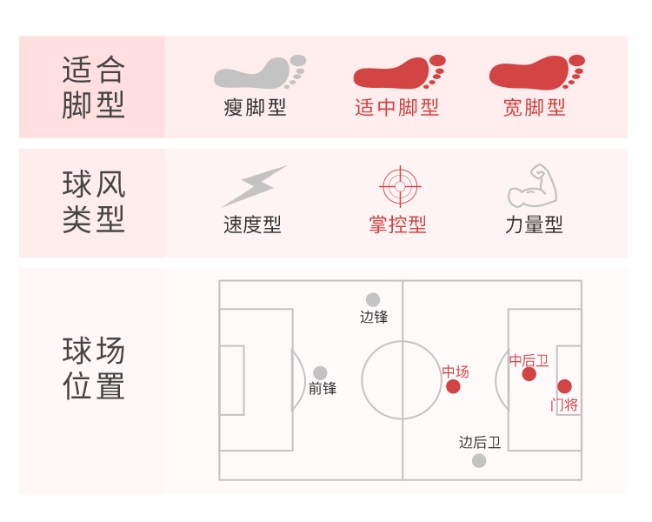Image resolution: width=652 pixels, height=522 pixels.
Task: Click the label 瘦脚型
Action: (255, 108)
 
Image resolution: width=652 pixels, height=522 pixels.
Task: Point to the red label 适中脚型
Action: (396, 108)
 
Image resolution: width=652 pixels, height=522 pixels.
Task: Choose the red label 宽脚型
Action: (534, 108)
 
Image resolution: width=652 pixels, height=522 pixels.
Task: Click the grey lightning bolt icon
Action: (254, 186)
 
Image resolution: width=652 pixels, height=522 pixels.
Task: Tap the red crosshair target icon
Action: (400, 185)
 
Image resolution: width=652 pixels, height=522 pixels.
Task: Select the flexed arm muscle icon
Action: (532, 185)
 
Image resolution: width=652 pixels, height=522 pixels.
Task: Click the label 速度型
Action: (252, 225)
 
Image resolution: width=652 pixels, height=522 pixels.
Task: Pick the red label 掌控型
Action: (397, 225)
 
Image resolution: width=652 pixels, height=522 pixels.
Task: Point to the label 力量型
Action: (534, 225)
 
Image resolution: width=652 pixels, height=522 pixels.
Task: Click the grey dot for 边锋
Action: (373, 300)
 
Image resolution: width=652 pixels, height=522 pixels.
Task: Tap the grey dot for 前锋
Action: (320, 373)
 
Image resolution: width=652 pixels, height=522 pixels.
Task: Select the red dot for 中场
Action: (453, 386)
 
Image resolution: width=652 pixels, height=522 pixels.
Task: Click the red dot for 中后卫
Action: (529, 374)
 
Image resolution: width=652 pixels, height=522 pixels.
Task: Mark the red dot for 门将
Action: (564, 386)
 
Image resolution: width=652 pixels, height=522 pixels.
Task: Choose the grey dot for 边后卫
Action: (479, 460)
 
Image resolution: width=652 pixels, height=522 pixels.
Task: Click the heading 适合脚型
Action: (93, 87)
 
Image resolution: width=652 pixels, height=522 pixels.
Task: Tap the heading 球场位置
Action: (93, 369)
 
